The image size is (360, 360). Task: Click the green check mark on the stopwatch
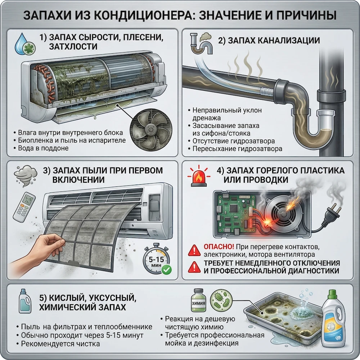point(166,270)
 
